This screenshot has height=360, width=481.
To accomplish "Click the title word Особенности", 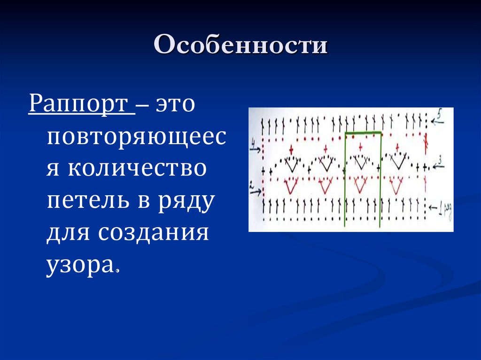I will [x=240, y=47].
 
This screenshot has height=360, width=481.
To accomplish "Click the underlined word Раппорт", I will [x=81, y=104].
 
